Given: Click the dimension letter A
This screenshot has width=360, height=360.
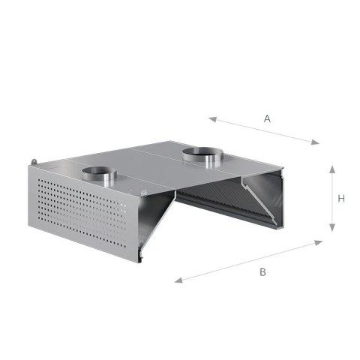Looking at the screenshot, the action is [x=267, y=118].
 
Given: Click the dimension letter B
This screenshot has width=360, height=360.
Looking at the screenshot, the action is [x=262, y=271].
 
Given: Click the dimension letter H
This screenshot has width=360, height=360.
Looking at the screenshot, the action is [x=341, y=199].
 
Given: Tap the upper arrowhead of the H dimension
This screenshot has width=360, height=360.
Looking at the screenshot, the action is [x=332, y=169].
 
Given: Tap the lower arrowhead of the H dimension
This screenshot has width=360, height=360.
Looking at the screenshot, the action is [x=332, y=227].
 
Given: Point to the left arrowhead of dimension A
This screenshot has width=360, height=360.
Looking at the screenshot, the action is [x=212, y=119].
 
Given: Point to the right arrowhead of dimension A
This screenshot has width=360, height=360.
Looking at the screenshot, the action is [x=315, y=142].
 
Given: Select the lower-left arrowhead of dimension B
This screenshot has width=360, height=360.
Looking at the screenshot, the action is [x=178, y=280].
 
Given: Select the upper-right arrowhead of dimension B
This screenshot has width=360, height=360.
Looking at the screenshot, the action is [x=318, y=242].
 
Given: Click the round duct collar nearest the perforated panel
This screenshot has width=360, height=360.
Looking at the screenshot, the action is [x=99, y=174].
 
